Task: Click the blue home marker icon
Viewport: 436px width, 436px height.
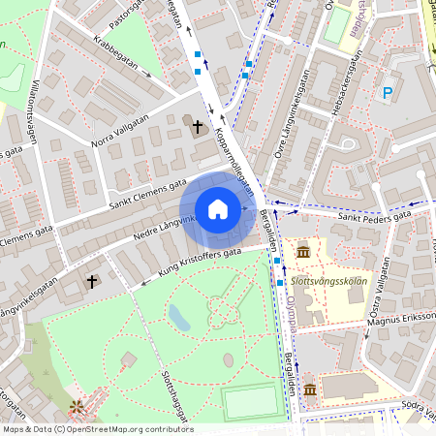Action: click(218, 209)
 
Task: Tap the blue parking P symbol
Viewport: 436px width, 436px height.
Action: click(388, 93)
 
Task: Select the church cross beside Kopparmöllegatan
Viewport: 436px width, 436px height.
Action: click(198, 126)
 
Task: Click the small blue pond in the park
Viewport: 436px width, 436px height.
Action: click(178, 316)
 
